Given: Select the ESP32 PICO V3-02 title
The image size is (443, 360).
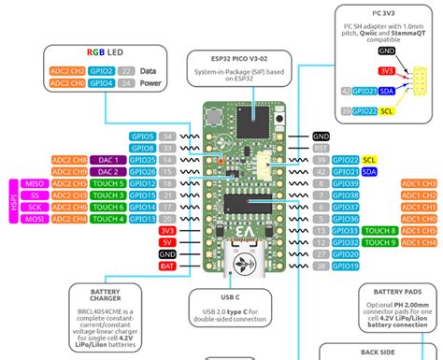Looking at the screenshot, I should [x=224, y=58].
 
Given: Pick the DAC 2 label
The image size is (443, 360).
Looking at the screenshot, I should [x=107, y=171].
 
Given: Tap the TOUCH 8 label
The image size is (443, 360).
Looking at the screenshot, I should [x=380, y=230].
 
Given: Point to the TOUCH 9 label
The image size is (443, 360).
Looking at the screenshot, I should [x=380, y=242].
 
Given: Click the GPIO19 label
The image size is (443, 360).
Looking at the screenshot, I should [x=346, y=266].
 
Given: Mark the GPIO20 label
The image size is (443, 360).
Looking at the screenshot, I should [x=346, y=254].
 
